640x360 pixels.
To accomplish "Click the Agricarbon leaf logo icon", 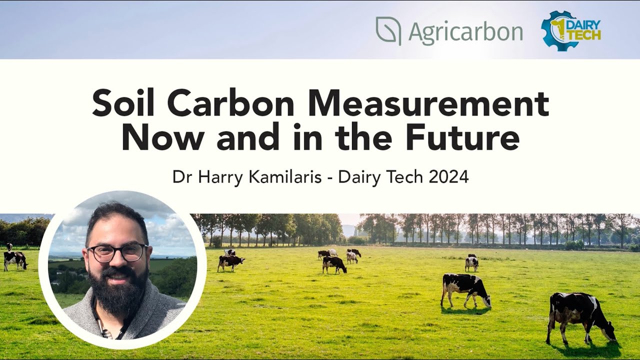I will point(388,31).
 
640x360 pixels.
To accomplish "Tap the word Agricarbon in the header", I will point(465,32).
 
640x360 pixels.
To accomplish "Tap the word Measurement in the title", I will point(428,104).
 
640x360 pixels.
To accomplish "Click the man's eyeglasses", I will point(118,252).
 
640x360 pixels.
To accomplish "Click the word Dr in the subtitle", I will point(183,177).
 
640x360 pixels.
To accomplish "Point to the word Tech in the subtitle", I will point(403,177).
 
